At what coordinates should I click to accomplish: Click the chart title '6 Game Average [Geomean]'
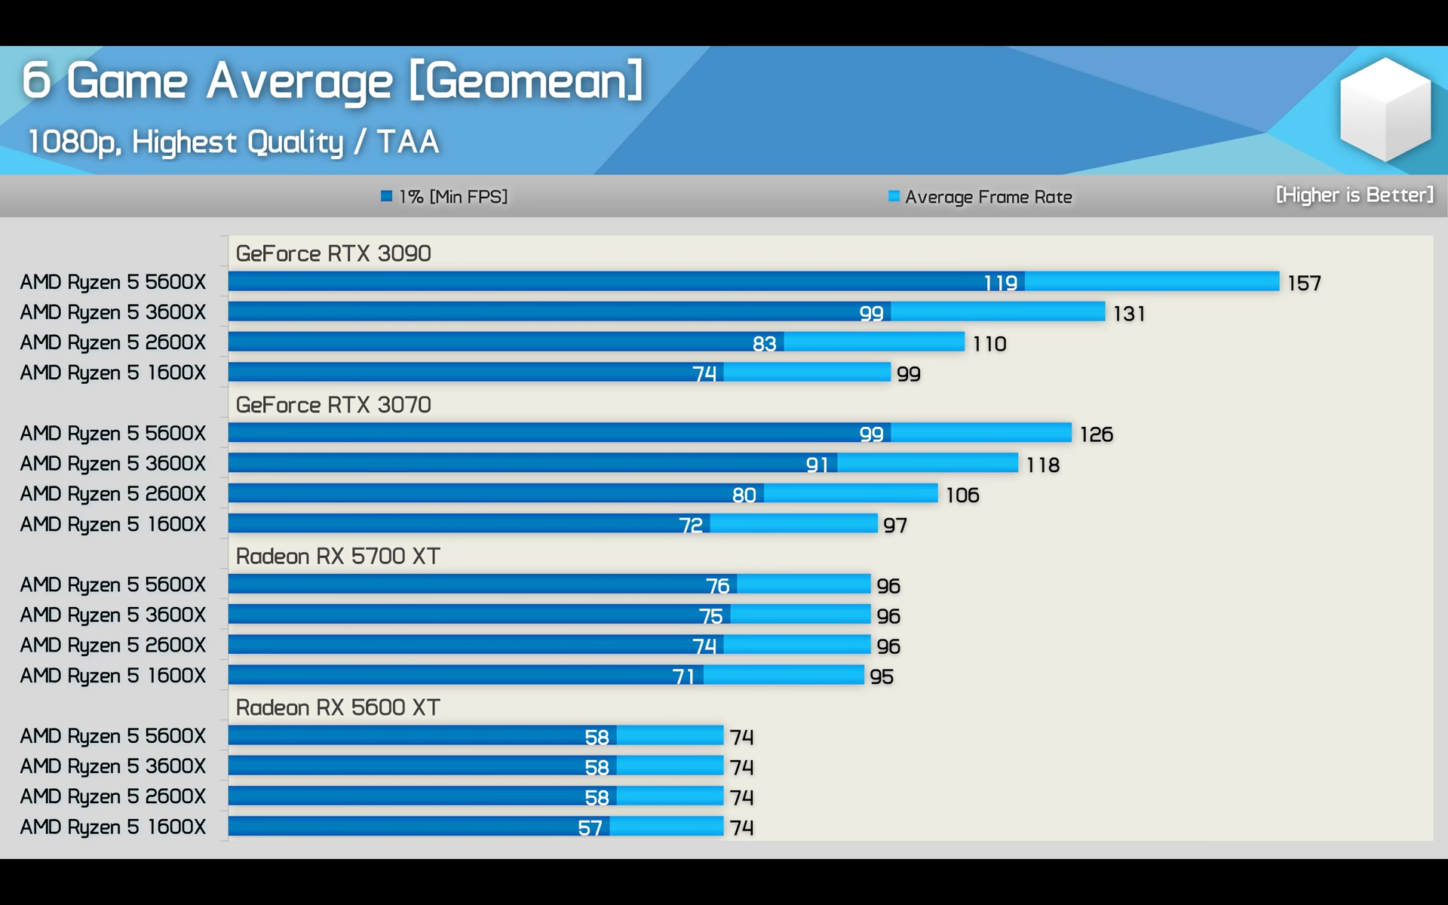click(332, 81)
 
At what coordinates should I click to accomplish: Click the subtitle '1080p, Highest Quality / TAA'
click(233, 142)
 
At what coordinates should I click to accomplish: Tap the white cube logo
click(1385, 109)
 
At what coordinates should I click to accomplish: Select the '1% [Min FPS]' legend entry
click(444, 197)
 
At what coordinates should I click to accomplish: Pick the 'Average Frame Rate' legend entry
click(980, 197)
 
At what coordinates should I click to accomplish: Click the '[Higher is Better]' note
click(1354, 195)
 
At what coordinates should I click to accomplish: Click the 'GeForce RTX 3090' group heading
click(333, 253)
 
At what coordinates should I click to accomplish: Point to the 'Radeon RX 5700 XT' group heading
click(338, 557)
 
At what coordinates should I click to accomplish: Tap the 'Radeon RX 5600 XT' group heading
click(338, 707)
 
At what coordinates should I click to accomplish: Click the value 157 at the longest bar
click(1304, 284)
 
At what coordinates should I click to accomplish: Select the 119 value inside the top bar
click(1000, 283)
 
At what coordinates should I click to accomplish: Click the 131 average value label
click(1129, 314)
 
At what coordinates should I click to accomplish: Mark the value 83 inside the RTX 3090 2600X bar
click(764, 344)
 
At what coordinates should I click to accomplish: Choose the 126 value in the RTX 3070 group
click(1096, 434)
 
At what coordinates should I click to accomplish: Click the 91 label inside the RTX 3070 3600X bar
click(817, 465)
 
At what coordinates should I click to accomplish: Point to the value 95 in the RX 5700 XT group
click(882, 676)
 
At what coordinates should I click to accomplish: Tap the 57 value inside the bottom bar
click(590, 828)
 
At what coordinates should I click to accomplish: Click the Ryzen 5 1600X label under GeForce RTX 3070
click(113, 524)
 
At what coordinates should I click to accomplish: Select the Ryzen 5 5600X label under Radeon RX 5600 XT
click(113, 736)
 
